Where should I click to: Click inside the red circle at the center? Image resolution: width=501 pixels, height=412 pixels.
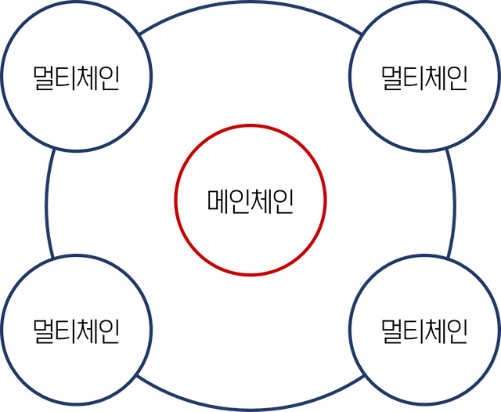(x=250, y=199)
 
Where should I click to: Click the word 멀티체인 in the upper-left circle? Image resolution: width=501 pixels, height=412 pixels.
(x=76, y=78)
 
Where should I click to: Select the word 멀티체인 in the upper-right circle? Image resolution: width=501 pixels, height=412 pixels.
(x=424, y=78)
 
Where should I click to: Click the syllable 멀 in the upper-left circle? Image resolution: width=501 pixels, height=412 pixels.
(x=44, y=78)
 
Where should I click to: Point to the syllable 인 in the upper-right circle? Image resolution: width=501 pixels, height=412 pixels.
(x=456, y=78)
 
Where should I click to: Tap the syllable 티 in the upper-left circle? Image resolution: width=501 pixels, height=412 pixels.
(x=65, y=78)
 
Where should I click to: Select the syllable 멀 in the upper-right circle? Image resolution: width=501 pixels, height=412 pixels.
(x=392, y=78)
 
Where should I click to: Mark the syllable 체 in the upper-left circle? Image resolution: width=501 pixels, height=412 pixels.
(x=87, y=78)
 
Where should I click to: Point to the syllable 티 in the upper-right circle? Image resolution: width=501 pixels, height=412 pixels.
(x=413, y=78)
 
